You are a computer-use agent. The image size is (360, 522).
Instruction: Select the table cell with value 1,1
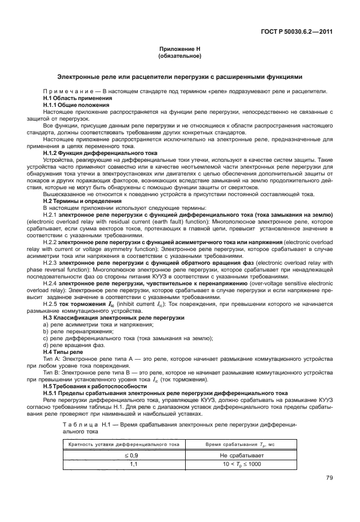click(135, 464)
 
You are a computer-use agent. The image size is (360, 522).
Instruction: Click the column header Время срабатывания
click(239, 444)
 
